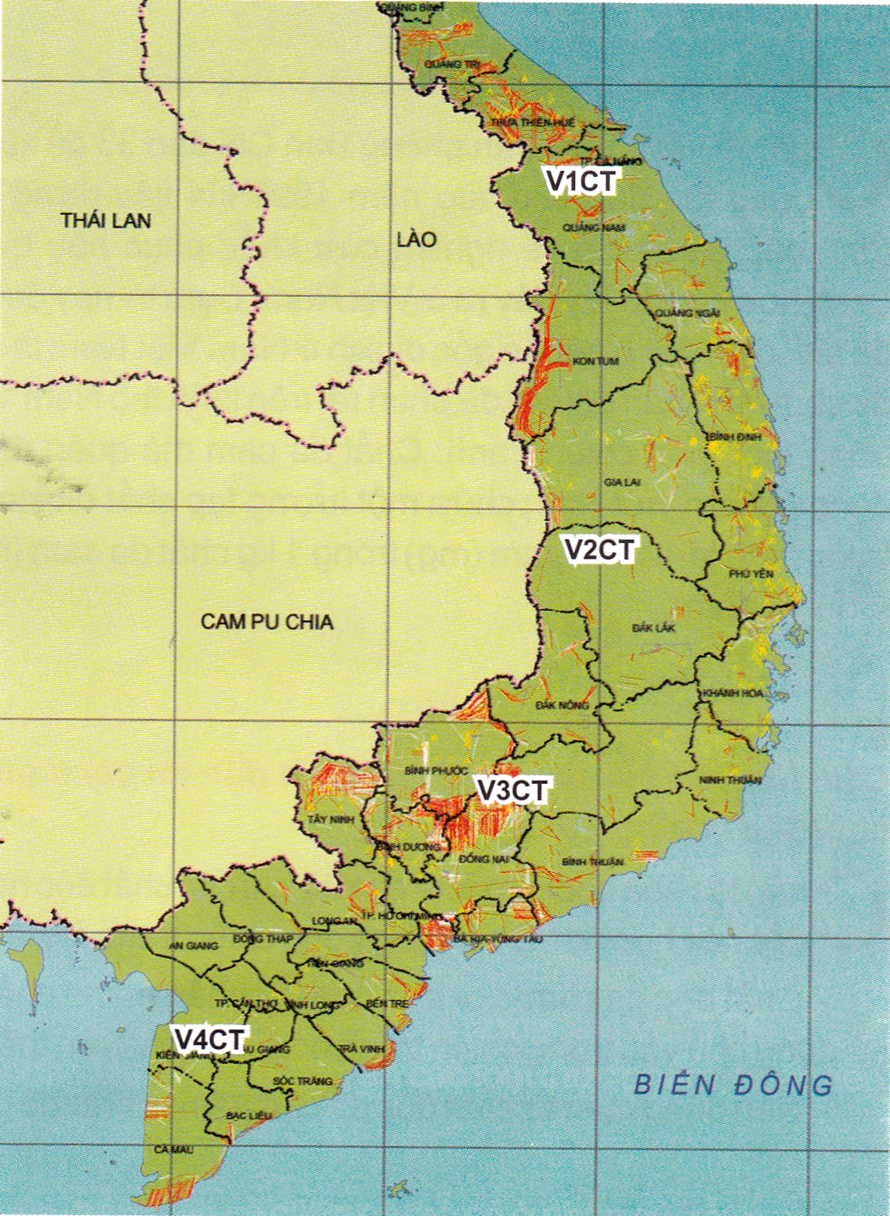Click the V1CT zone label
click(581, 181)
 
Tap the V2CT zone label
click(601, 550)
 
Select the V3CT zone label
click(512, 790)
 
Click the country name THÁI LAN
click(106, 220)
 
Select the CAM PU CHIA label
click(267, 621)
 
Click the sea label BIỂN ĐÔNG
click(733, 1084)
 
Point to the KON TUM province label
click(595, 362)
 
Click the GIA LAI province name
click(622, 482)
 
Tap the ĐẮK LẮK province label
click(654, 627)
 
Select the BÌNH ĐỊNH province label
click(733, 437)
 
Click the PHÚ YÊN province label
click(751, 574)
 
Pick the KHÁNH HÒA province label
click(732, 693)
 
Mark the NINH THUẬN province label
click(730, 780)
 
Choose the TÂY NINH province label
click(326, 819)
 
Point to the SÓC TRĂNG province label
click(302, 1081)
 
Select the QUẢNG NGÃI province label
click(687, 313)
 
